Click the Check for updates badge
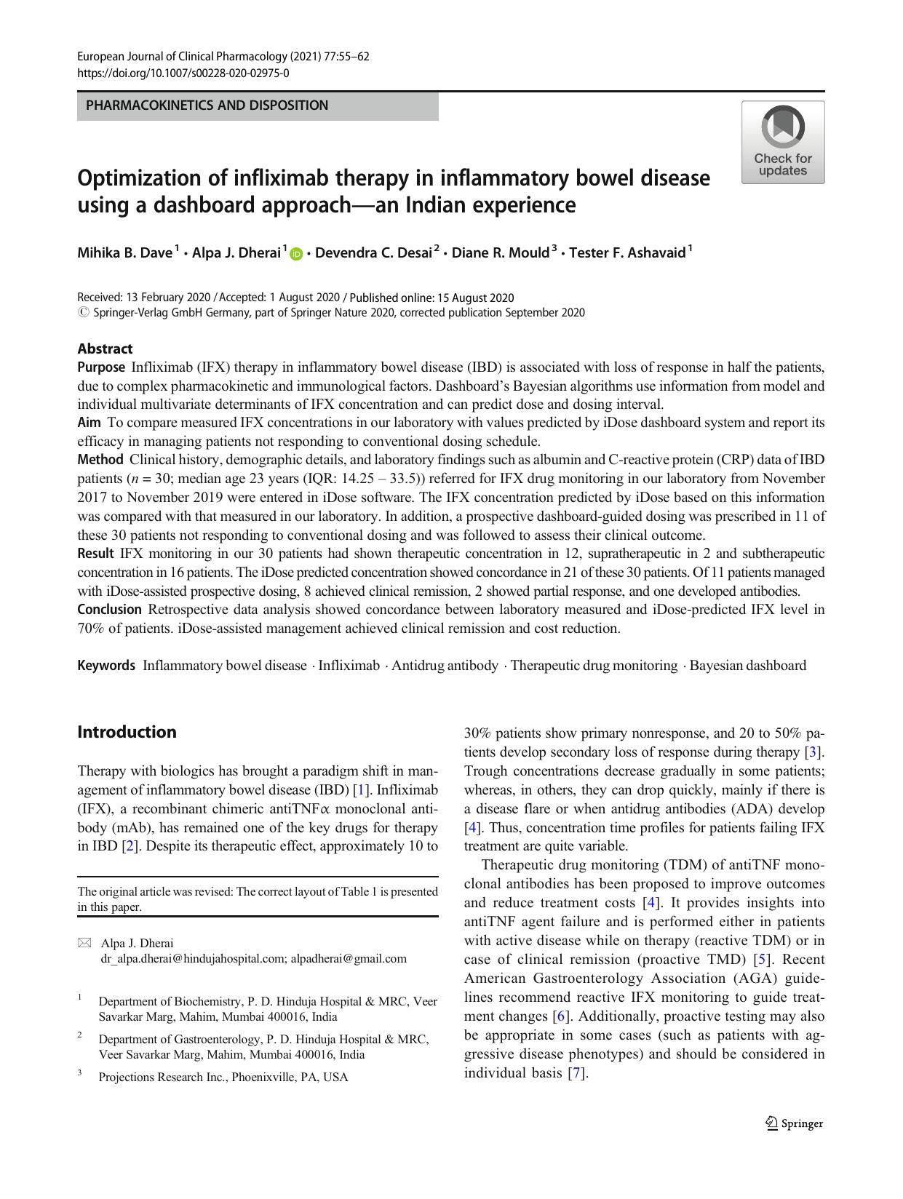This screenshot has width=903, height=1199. [783, 142]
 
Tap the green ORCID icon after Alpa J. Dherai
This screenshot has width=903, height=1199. [296, 254]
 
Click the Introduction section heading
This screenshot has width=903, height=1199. [127, 732]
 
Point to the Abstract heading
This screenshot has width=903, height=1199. [105, 348]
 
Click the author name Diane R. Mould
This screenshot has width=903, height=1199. [500, 252]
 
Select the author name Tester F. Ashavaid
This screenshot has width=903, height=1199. [626, 252]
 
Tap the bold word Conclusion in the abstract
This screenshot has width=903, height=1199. [109, 609]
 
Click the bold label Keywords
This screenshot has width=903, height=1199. [106, 665]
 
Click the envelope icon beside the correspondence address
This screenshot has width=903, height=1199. [84, 943]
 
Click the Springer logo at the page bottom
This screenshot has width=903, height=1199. [794, 1123]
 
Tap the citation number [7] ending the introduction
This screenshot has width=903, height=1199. [576, 1072]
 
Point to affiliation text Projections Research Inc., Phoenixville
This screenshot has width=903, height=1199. [223, 1077]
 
